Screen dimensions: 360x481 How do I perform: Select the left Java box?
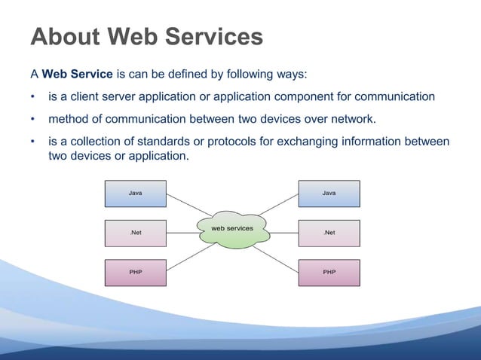[134, 194]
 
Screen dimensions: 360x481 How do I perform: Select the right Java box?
[329, 194]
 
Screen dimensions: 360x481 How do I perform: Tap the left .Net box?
[134, 233]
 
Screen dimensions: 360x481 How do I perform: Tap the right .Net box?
[329, 233]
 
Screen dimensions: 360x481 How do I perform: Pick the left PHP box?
[134, 272]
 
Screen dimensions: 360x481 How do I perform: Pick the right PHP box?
[329, 272]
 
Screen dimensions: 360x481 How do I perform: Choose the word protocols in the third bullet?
[244, 142]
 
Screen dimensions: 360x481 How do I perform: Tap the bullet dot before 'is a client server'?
[32, 97]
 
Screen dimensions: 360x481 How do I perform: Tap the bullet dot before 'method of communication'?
[32, 120]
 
